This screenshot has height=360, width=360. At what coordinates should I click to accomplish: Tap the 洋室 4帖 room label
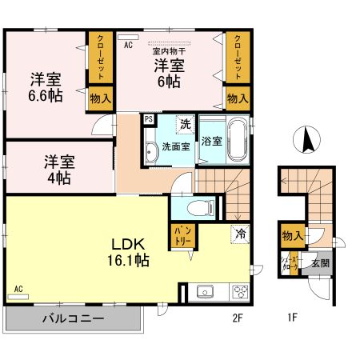point(59,168)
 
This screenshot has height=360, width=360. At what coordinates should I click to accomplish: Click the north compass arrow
point(306,142)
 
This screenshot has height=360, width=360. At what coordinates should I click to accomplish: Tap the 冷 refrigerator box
point(239,234)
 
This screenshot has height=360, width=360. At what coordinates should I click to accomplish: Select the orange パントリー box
point(180,234)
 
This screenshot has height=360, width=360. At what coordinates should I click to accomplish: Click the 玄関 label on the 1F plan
point(319,262)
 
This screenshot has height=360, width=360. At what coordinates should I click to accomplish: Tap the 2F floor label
point(237,317)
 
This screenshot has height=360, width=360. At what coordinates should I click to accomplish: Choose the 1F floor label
point(292,317)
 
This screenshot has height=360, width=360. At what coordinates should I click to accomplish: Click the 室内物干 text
point(169,50)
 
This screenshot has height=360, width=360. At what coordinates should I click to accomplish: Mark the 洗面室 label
point(175,146)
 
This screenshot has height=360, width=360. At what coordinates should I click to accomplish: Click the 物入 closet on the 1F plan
point(292,236)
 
